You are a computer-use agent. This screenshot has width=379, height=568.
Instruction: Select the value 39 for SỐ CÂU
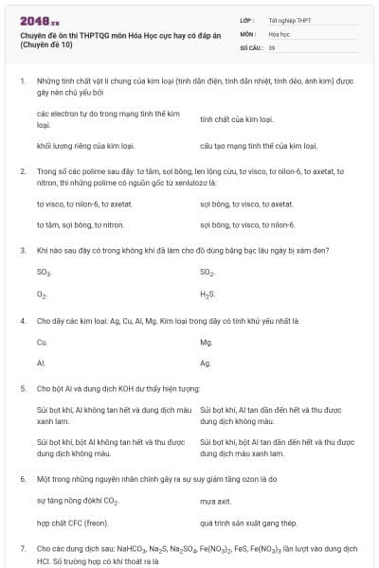272,46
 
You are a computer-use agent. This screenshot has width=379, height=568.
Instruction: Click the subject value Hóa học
280,33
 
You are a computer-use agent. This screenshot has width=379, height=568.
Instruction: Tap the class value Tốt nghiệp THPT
289,20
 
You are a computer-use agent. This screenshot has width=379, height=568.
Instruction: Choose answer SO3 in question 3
44,273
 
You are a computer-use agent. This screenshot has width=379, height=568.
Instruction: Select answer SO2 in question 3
208,273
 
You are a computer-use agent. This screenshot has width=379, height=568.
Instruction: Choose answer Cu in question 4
42,342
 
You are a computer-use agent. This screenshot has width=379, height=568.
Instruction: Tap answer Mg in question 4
206,342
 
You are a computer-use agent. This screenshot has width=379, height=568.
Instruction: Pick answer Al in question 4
41,364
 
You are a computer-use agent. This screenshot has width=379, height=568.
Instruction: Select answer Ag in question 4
206,364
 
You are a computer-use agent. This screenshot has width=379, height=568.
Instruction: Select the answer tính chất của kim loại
237,120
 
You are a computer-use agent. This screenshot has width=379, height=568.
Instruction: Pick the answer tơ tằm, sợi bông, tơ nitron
81,225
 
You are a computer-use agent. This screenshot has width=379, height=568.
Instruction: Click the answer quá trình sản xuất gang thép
249,523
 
